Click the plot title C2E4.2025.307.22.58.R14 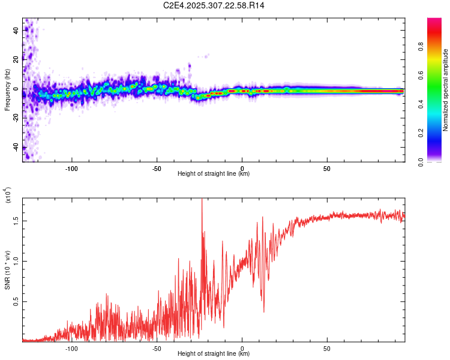[x=214, y=5]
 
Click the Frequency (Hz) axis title [x=7, y=90]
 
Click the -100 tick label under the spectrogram [x=71, y=168]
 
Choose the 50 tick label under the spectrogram [x=327, y=168]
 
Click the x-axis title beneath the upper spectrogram [x=214, y=174]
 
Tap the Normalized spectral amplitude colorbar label [x=445, y=90]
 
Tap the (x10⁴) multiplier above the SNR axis [x=8, y=196]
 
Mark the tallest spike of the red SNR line [x=202, y=200]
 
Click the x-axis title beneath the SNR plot [x=214, y=354]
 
